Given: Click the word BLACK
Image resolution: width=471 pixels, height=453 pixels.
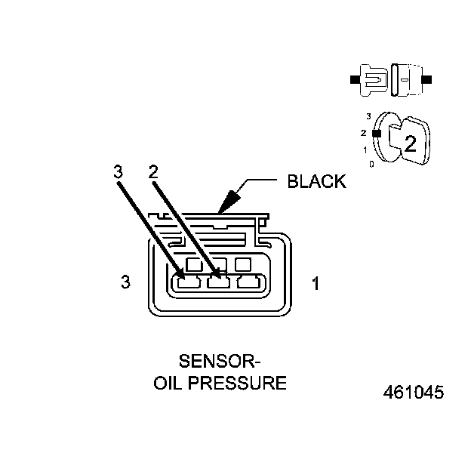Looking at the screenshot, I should click(x=317, y=181).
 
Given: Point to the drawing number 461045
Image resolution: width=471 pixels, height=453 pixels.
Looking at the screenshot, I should click(x=413, y=393).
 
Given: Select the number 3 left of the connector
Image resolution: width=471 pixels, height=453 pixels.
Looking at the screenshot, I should click(x=125, y=282).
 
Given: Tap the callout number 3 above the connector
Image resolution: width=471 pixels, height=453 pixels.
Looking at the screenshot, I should click(x=117, y=171).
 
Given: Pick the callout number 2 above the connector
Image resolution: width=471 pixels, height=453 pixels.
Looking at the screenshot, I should click(x=153, y=171).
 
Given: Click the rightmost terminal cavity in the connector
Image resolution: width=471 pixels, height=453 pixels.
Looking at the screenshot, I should click(x=248, y=283).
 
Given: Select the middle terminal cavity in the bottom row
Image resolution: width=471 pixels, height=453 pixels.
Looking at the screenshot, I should click(x=217, y=283).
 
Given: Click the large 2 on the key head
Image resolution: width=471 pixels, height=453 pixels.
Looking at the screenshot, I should click(x=409, y=143).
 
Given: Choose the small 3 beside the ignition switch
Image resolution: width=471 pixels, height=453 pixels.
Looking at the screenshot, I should click(x=368, y=116).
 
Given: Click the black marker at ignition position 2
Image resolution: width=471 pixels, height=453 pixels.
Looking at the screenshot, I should click(x=375, y=132).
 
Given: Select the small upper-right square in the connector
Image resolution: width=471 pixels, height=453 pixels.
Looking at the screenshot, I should click(x=243, y=265).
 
